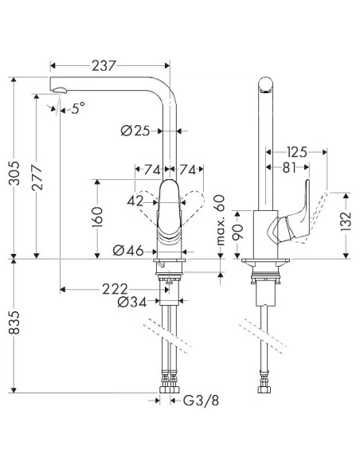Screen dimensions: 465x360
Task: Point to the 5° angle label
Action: coord(75,109)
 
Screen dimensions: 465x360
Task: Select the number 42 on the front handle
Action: coord(138,201)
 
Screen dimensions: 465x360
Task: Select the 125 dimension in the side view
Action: coord(297,151)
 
